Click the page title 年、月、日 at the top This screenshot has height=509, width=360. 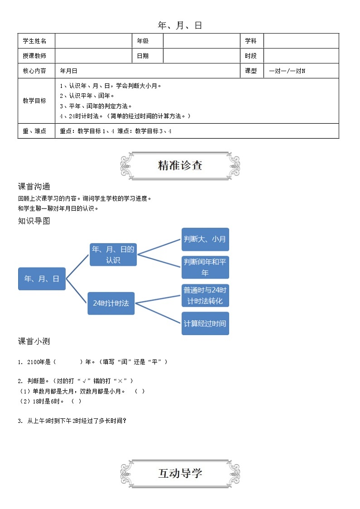pos(180,26)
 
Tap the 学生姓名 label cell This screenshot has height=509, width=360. pos(35,41)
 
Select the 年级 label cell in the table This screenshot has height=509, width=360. pos(143,41)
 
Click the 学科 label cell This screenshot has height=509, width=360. pos(251,41)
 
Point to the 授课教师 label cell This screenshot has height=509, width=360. pos(35,56)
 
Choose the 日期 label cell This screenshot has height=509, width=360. pos(143,56)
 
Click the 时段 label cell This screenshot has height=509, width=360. pos(251,56)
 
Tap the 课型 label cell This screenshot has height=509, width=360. pos(251,71)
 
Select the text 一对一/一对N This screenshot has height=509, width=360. pos(287,71)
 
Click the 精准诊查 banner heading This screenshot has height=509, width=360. pos(180,165)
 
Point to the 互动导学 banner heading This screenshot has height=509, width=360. pos(180,474)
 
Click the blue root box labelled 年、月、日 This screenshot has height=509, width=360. pos(42,279)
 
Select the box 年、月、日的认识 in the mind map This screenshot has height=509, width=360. pos(113,254)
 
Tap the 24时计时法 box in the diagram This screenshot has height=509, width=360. pos(111,303)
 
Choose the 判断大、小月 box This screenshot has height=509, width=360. pos(205,239)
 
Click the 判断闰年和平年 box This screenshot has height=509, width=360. pos(205,267)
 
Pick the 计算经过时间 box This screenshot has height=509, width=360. pos(205,324)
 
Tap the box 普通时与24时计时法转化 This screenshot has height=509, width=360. pos(205,296)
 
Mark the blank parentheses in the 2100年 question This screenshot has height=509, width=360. pos(68,362)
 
